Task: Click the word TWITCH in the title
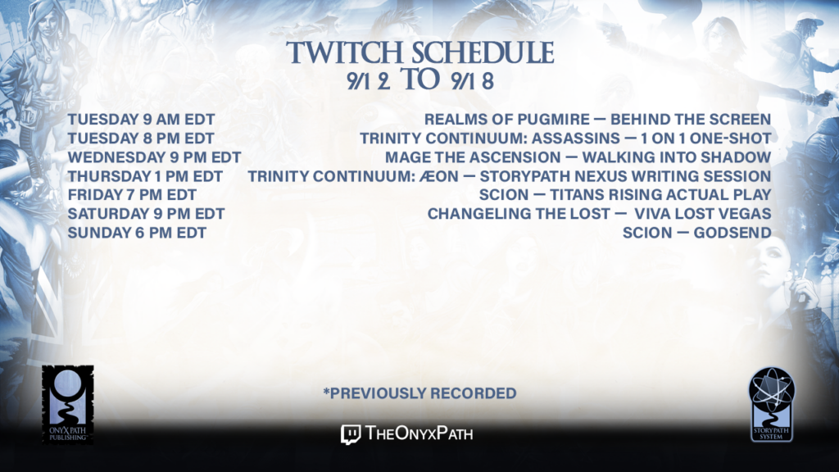345,52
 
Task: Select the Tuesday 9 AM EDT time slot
141,120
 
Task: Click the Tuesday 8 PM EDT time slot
141,138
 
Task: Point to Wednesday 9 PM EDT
154,157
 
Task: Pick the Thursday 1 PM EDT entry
145,176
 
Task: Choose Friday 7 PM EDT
132,195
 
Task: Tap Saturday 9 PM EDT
146,214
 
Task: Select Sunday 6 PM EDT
137,233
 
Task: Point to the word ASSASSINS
576,138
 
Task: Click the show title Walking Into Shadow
677,157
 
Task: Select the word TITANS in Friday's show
578,195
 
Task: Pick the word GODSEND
732,233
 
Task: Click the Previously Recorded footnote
419,393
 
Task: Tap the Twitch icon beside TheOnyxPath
351,434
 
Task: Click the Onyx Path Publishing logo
68,405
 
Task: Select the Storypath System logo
772,405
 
